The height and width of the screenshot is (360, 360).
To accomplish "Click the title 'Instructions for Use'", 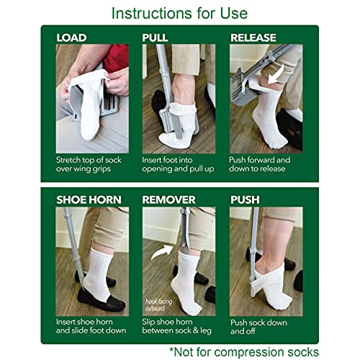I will click(179, 13).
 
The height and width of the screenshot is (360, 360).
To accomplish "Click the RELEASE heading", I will click(253, 37).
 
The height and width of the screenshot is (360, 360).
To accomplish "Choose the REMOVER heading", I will click(169, 199).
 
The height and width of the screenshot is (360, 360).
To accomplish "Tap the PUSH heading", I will click(245, 199).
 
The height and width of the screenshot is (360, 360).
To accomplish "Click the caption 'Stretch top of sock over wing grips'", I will click(91, 163).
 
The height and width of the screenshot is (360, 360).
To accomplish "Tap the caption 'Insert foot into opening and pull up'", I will click(178, 163).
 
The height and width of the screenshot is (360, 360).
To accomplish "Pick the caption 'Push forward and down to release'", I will click(260, 163).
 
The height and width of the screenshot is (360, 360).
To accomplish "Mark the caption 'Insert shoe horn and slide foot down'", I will click(91, 325).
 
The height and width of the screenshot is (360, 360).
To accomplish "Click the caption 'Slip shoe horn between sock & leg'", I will click(178, 325).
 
